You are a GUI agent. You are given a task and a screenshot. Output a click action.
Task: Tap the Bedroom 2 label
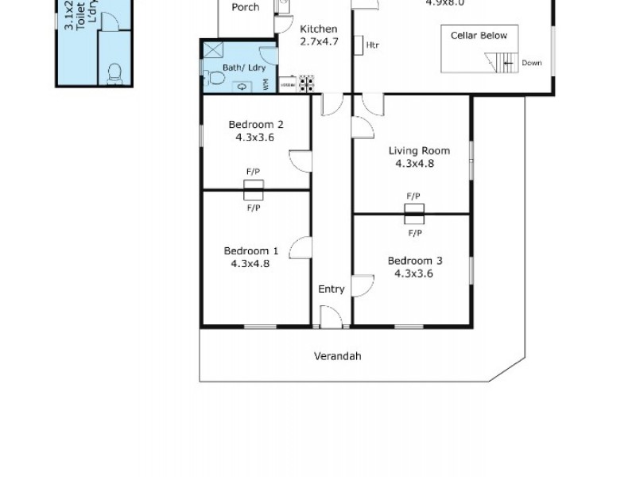point(256,124)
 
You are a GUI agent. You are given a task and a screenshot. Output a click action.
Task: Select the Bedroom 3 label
point(414,261)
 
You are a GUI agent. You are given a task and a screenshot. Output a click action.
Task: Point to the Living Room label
point(419,150)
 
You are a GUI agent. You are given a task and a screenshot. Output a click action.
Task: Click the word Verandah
point(337,356)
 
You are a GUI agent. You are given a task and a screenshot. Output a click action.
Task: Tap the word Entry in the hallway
point(332,289)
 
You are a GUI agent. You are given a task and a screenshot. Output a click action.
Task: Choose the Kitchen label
point(318,29)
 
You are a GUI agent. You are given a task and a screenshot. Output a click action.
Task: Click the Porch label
point(245,7)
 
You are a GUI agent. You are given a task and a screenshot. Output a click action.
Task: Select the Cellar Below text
point(479,36)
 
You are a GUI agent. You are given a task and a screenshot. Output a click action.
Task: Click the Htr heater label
point(372,45)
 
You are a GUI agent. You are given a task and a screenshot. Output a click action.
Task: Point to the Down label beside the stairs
point(532,63)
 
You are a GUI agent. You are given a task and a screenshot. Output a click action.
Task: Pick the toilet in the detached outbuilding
point(113,73)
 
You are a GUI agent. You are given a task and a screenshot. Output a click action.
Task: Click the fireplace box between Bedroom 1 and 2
point(254,190)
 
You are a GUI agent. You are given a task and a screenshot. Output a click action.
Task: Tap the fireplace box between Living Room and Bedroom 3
point(414,213)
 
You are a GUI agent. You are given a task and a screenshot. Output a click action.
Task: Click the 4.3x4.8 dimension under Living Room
point(414,164)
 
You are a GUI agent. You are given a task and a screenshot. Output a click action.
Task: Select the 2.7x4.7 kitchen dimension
point(318,42)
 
